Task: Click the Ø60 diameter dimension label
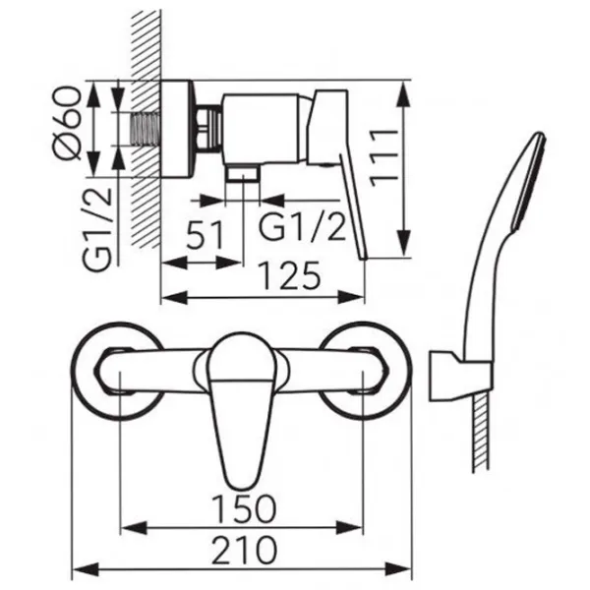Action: coord(67,123)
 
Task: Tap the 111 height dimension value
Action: coord(384,157)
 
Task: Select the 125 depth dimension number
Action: coord(291,275)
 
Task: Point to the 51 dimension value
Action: coord(206,235)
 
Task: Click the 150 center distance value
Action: coord(244,509)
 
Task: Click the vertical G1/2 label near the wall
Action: coord(97,229)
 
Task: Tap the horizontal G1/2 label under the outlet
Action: coord(302,226)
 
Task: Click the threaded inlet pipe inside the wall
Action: coord(146,129)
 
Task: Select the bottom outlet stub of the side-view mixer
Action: coord(242,174)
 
